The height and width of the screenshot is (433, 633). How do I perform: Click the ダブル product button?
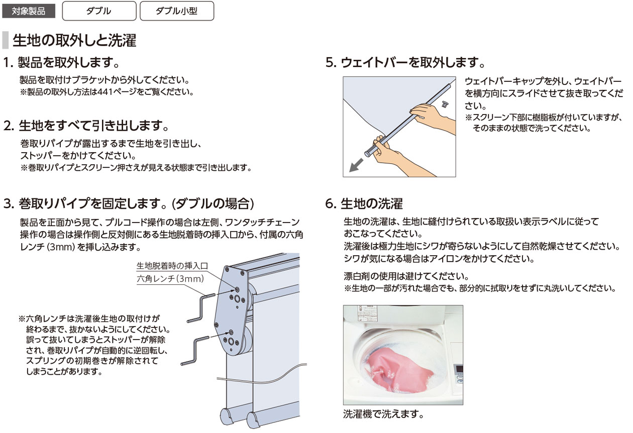point(99,11)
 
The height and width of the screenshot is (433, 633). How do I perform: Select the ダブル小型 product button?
point(177,11)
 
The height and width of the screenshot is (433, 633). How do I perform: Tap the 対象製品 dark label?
point(29,12)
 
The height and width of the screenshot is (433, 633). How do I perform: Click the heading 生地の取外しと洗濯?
point(74,40)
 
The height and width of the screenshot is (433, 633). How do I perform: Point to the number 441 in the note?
point(108,92)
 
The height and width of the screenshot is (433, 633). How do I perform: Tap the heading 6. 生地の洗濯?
point(364,203)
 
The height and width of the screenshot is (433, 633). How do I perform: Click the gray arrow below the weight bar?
point(356,165)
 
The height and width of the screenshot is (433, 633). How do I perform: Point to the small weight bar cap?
point(445,104)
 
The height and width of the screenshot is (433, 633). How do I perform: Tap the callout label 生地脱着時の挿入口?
point(172,266)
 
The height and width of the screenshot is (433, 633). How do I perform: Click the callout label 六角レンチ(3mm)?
point(170,279)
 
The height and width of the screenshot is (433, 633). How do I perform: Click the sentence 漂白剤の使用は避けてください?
point(406,276)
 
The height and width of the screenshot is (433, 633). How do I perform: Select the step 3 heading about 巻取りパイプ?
point(129,203)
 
